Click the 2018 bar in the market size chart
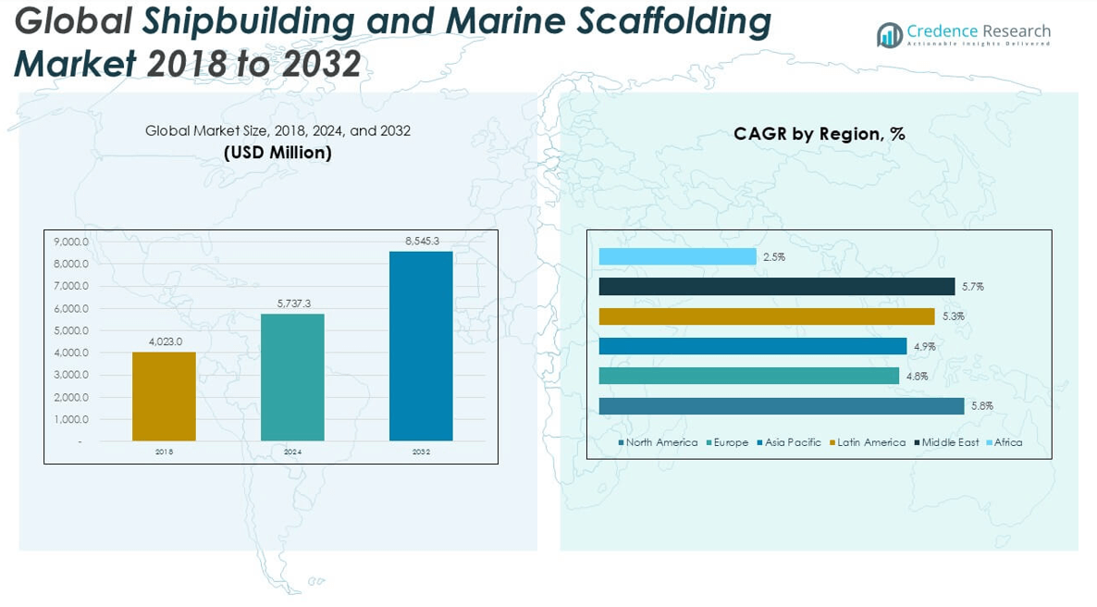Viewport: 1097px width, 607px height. pyautogui.click(x=164, y=396)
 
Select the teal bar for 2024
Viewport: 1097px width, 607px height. pyautogui.click(x=292, y=377)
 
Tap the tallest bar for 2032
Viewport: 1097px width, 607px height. pyautogui.click(x=421, y=346)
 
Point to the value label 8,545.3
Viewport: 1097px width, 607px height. pyautogui.click(x=421, y=241)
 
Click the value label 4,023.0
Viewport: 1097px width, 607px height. pyautogui.click(x=164, y=341)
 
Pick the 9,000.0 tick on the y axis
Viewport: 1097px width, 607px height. pyautogui.click(x=71, y=242)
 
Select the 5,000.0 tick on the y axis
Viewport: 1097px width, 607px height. pyautogui.click(x=71, y=330)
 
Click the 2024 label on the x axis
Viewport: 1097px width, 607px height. pyautogui.click(x=292, y=452)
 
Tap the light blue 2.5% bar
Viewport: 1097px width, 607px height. pyautogui.click(x=677, y=256)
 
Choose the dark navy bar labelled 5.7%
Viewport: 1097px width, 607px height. pyautogui.click(x=776, y=286)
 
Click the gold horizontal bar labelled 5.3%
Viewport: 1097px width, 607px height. pyautogui.click(x=767, y=316)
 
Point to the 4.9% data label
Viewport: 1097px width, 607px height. pyautogui.click(x=924, y=346)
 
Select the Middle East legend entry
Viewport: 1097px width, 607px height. pyautogui.click(x=950, y=442)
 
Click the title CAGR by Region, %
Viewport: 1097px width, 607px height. pyautogui.click(x=819, y=134)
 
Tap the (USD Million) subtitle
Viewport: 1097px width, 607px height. pyautogui.click(x=277, y=154)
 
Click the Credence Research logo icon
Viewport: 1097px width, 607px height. pyautogui.click(x=890, y=36)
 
